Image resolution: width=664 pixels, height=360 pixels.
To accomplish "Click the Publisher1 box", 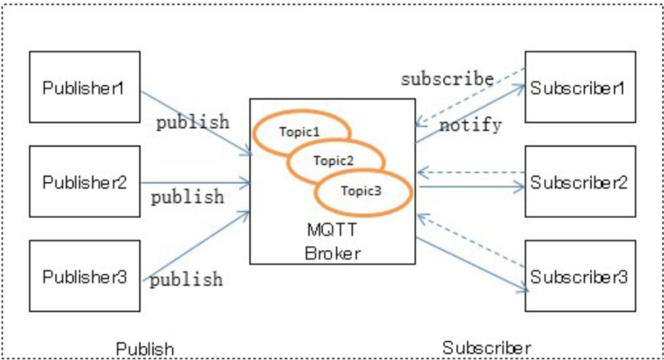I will pos(84,87).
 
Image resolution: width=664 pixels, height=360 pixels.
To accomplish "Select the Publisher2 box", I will pos(84,181).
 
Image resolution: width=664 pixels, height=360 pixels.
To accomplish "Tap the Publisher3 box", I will pos(84,276).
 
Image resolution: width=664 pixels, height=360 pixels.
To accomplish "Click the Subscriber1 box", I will pos(580,87).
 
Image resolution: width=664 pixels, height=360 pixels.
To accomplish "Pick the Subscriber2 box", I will pos(580,181).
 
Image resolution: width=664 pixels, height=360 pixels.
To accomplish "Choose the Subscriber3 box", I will pos(580,277).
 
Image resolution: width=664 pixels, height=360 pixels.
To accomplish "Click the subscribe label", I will pos(447,79).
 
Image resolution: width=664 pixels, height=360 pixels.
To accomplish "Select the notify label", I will pos(471,125).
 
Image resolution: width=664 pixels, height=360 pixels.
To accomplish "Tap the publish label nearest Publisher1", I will pos(192,121).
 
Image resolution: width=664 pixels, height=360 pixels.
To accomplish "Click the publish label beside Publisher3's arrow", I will pos(187,279).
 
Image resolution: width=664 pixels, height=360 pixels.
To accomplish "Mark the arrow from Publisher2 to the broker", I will pos(195,182).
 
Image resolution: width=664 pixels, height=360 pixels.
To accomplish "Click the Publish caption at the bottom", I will pos(145,348).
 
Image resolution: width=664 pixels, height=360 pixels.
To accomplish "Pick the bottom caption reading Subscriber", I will pos(487,348).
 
